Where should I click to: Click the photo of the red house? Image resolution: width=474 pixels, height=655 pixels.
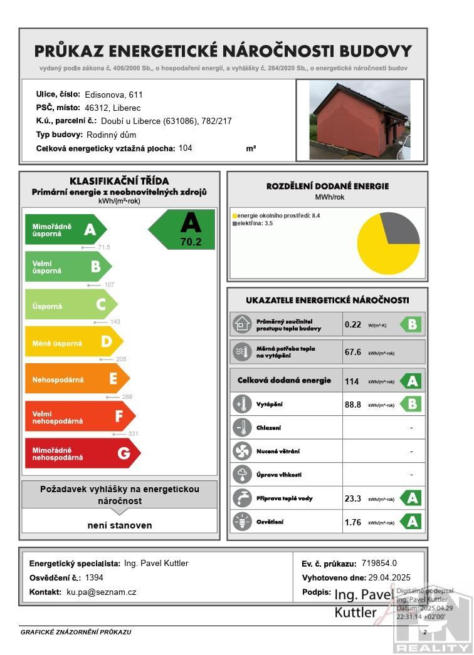coord(360,120)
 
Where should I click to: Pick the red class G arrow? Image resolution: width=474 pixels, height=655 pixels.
coord(82,453)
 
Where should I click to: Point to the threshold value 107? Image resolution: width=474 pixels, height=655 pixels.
coord(109,285)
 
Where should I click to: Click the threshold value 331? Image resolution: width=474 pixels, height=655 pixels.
coord(133,433)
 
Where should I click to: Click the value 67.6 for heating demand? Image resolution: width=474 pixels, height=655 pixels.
coord(353,352)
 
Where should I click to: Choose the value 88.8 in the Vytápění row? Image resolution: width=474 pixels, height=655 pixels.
coord(353,405)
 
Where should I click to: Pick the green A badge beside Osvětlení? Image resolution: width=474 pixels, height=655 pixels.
coord(411,522)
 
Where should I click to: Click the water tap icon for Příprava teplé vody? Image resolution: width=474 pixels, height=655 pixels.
coord(241,498)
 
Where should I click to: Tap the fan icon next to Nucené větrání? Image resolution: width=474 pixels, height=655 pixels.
coord(241,451)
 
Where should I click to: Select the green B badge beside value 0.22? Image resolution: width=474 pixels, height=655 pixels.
coord(411,324)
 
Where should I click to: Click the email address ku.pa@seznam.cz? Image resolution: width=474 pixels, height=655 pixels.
coord(102,592)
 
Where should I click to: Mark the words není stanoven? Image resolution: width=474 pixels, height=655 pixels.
coord(120,525)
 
